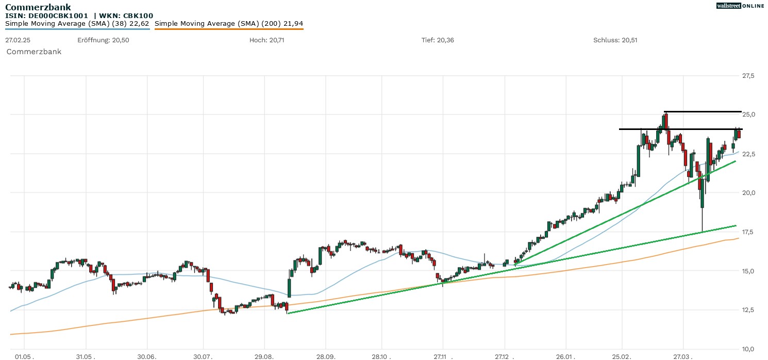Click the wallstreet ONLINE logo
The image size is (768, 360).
740,6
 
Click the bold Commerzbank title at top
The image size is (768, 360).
38,7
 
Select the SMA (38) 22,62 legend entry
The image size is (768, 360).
77,23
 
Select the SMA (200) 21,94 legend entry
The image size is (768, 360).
229,23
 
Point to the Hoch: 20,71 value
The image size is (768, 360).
266,40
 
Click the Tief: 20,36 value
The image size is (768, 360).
438,40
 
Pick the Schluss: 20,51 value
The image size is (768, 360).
615,40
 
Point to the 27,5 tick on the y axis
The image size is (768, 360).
748,76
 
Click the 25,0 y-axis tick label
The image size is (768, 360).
748,114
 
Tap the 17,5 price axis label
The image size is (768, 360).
748,232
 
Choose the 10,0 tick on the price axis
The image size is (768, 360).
748,349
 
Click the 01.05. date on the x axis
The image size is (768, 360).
24,356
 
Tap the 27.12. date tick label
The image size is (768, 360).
506,356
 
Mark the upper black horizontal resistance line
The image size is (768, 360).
703,111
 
